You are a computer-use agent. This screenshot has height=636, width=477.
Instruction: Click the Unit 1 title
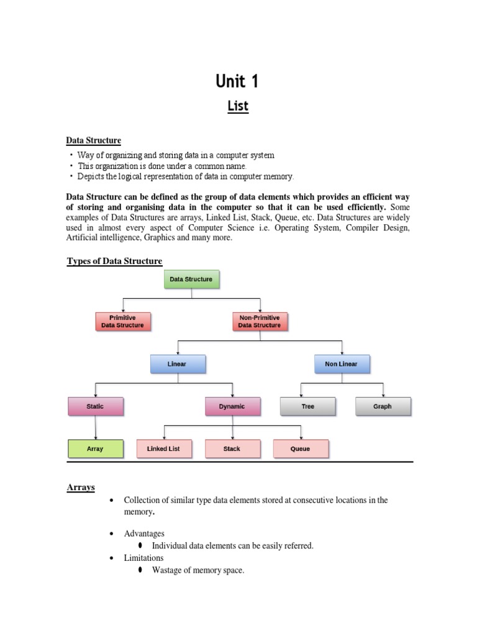point(237,81)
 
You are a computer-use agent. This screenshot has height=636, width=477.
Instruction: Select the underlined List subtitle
point(237,106)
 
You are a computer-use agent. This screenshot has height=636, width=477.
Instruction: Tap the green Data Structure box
point(191,279)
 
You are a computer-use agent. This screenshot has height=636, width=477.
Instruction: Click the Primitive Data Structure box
point(123,321)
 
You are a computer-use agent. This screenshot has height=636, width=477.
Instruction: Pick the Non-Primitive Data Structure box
point(260,321)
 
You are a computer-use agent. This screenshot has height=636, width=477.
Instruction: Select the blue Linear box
point(178,364)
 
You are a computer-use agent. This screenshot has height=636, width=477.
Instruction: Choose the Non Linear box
point(341,364)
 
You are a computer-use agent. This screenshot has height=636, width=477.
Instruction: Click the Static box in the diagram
point(95,407)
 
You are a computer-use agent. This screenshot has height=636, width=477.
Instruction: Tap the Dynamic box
point(232,407)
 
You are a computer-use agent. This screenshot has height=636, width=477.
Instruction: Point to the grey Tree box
point(308,407)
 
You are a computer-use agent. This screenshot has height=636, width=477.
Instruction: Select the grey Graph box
point(383,407)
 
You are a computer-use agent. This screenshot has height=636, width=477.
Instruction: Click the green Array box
point(95,448)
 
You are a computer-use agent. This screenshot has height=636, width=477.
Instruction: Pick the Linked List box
point(163,448)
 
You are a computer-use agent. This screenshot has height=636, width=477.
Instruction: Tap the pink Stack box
point(232,448)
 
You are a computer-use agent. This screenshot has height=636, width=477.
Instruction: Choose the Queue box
point(301,448)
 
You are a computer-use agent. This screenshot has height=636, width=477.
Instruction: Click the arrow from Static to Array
point(95,428)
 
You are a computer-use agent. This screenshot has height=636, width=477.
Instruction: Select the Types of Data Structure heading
point(114,261)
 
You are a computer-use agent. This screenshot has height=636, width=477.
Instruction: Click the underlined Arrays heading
point(81,488)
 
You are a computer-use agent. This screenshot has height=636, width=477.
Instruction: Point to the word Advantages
point(144,534)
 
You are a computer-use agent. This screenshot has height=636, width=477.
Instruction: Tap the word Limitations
point(144,558)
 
